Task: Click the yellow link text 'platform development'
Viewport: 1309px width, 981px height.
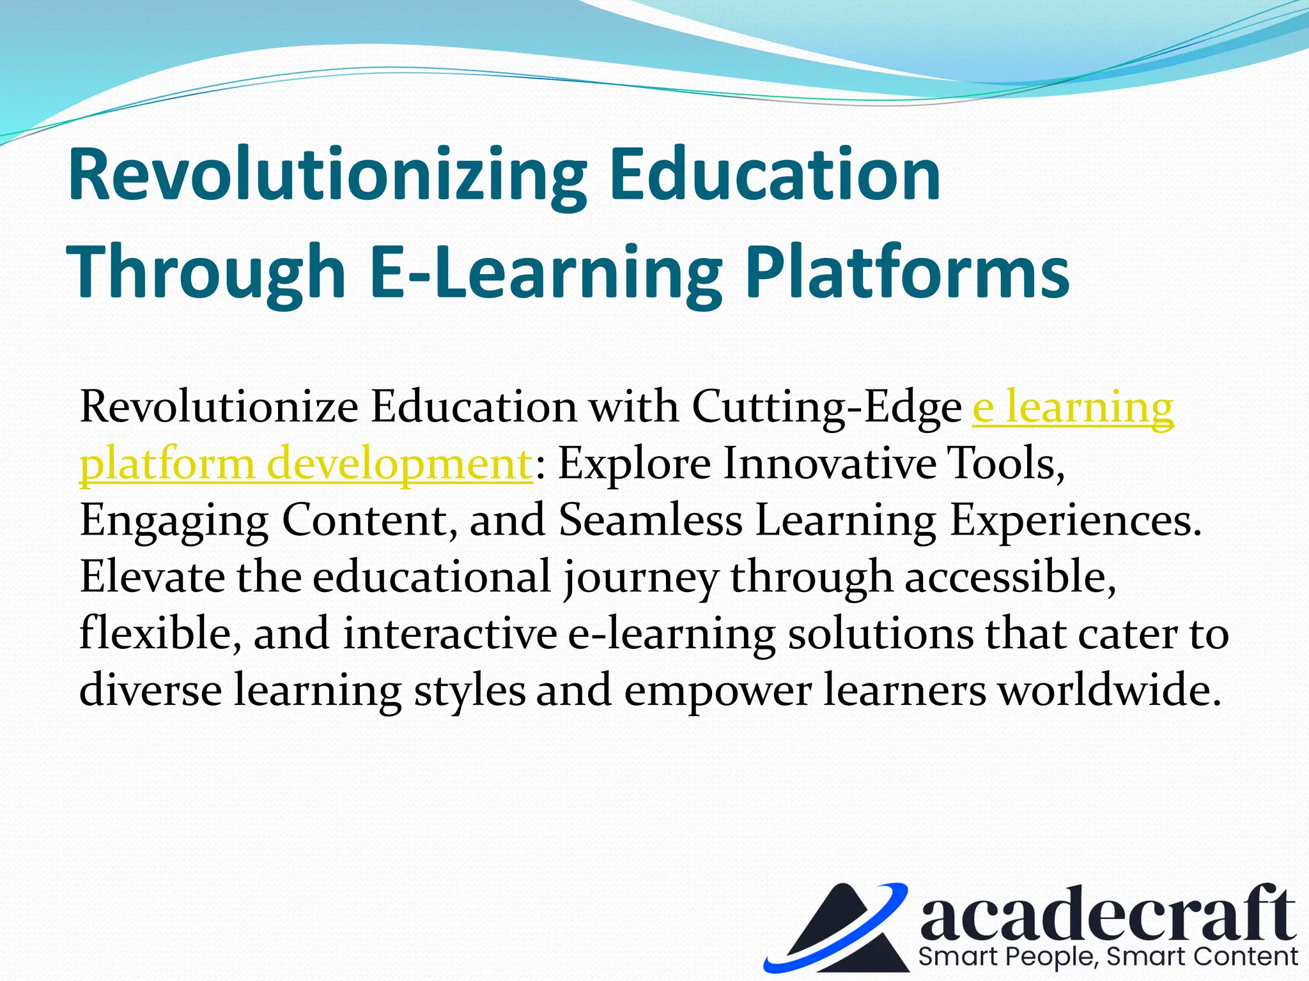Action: [306, 464]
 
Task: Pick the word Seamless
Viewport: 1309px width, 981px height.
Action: [651, 519]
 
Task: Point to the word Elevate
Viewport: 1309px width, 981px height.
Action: [152, 576]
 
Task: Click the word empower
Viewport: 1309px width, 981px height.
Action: [717, 692]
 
